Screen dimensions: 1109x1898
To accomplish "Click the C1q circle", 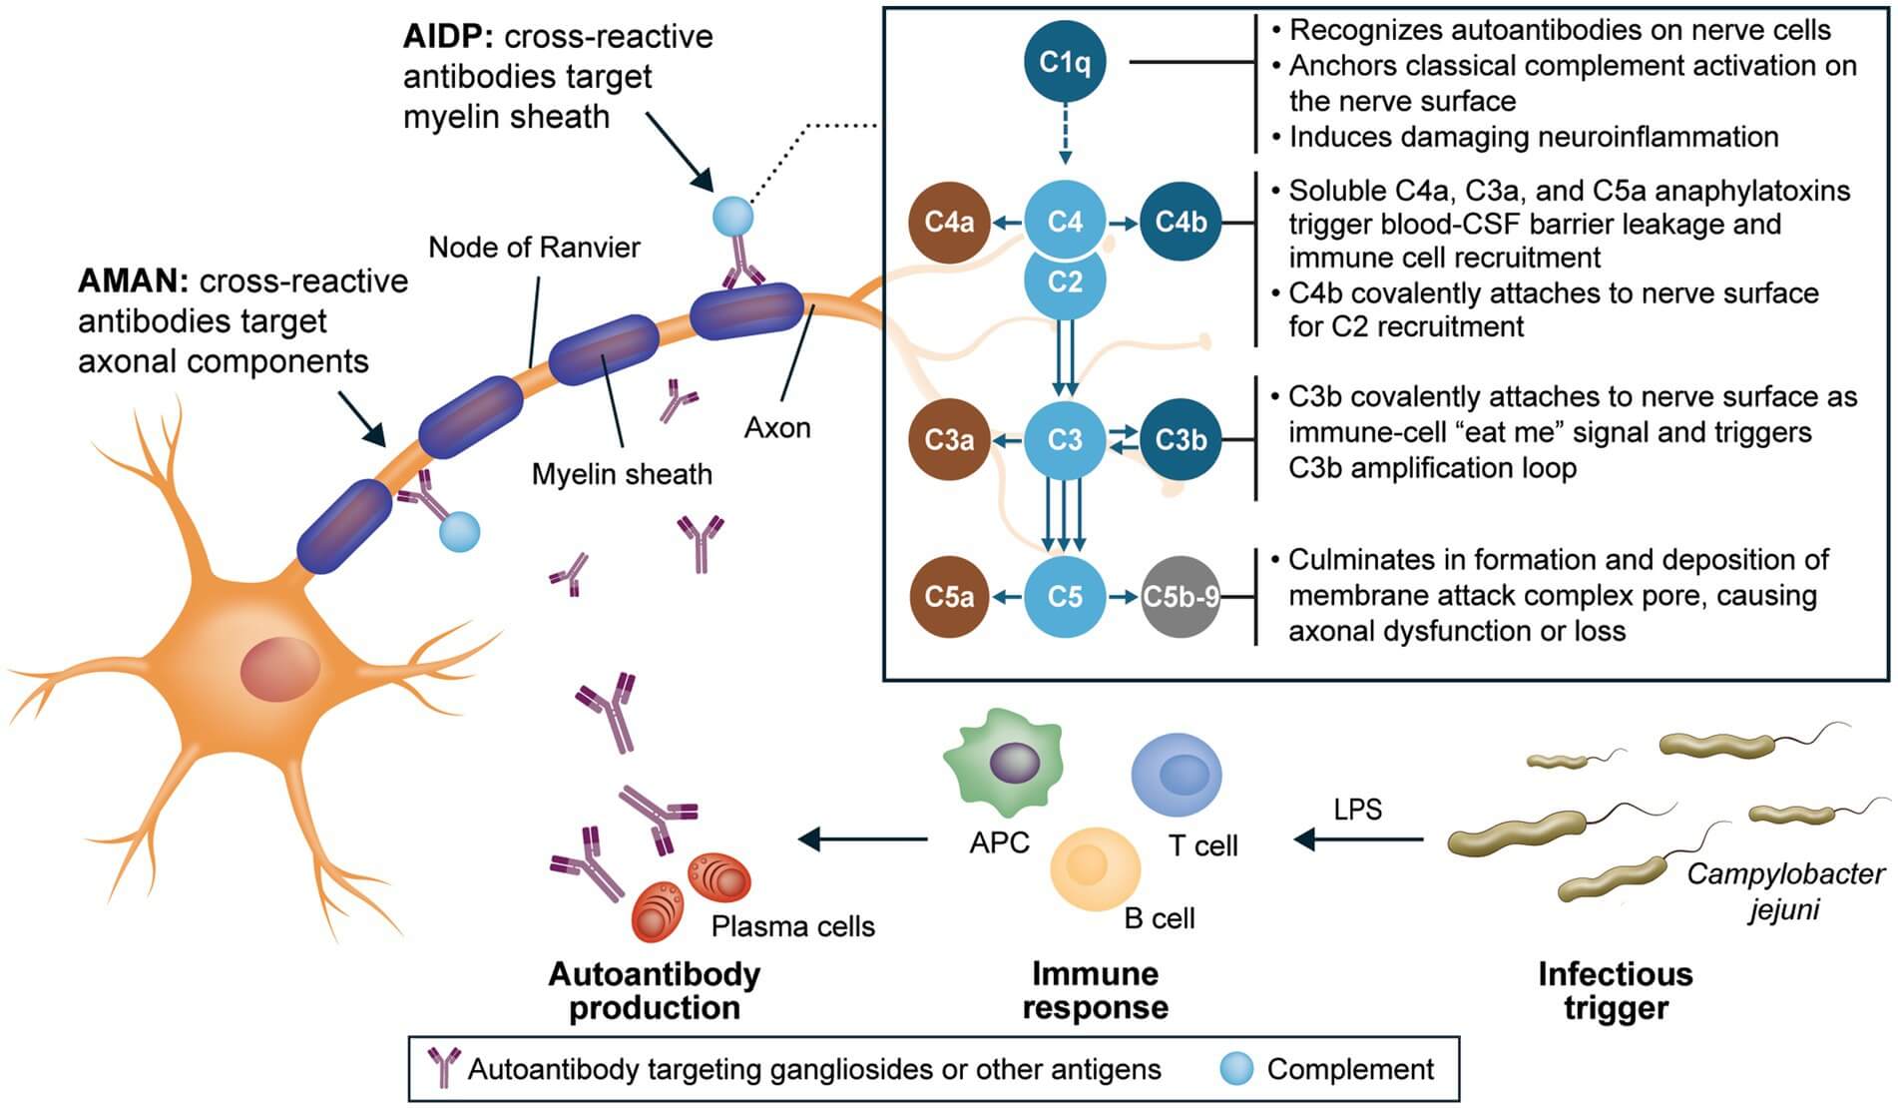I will [x=1065, y=62].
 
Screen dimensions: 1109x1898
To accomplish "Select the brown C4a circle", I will [x=949, y=222].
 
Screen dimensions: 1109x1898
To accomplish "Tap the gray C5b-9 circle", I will [x=1181, y=597].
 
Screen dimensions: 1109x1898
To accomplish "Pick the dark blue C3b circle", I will [x=1181, y=439].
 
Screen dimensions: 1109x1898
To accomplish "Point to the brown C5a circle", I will [x=949, y=597].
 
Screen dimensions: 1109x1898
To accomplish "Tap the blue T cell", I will [x=1177, y=775].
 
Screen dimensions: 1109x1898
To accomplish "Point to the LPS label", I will [x=1357, y=809].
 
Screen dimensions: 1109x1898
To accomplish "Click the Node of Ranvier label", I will [x=534, y=248].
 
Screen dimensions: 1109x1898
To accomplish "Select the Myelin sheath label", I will [x=622, y=474].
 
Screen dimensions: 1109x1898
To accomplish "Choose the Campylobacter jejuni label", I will [x=1784, y=891].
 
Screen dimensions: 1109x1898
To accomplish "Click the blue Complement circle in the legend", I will [x=1236, y=1069].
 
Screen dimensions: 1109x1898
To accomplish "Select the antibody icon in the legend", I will [x=443, y=1067].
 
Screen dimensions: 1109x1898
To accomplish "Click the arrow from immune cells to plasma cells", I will [x=863, y=838].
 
